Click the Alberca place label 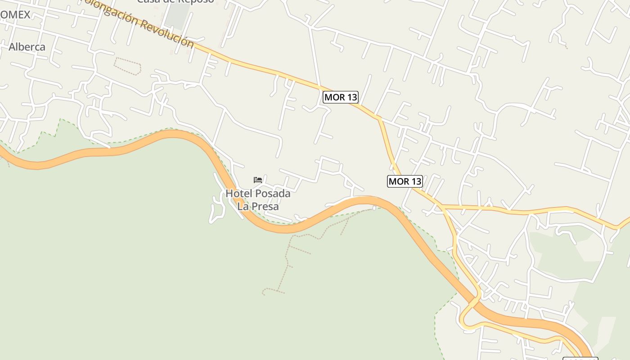point(27,47)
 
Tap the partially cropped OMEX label point(15,15)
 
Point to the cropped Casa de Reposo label point(175,1)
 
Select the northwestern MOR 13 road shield point(341,97)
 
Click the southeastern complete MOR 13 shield point(405,181)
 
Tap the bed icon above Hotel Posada point(258,180)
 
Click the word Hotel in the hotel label point(239,193)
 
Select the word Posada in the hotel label point(273,193)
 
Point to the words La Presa point(258,207)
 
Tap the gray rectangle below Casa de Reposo point(177,18)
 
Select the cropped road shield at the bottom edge point(580,358)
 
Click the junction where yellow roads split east point(441,207)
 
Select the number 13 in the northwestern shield point(351,97)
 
